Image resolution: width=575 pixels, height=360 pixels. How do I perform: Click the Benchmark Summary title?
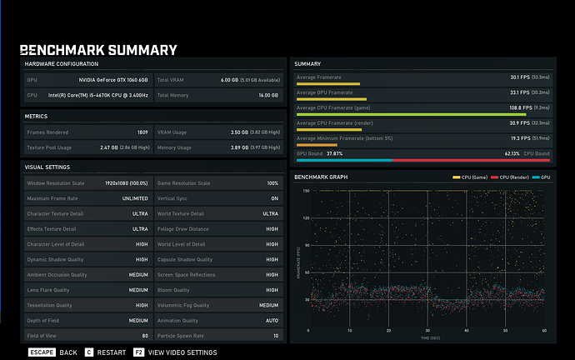[x=98, y=50]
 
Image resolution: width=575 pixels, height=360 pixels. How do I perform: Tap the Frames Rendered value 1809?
[x=142, y=132]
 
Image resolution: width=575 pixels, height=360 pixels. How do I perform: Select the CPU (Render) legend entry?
[x=509, y=178]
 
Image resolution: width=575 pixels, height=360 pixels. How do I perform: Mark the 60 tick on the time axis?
[x=544, y=331]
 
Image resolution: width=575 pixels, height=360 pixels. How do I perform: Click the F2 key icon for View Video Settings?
[x=138, y=352]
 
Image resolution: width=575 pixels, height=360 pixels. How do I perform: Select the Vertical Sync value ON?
[x=273, y=198]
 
